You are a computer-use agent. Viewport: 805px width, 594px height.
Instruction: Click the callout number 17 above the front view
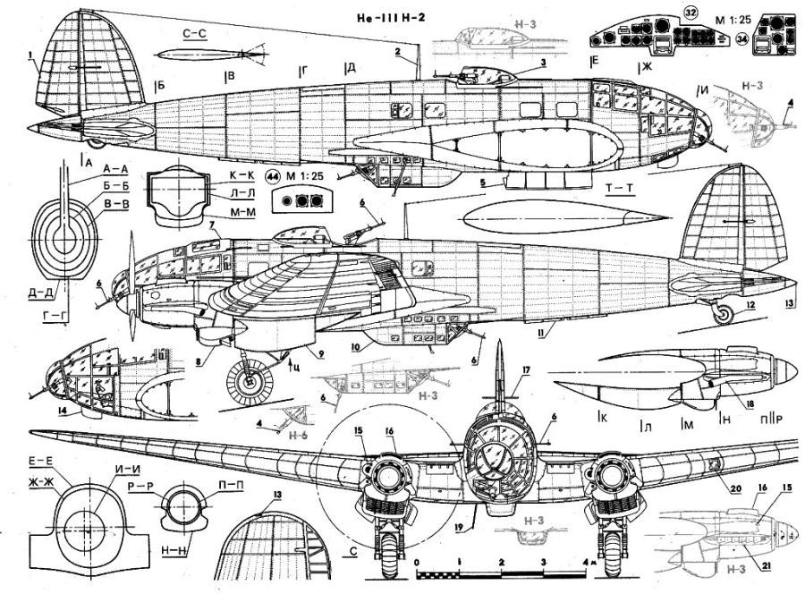point(527,369)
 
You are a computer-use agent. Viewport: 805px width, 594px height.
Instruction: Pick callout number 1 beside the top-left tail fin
point(31,54)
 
